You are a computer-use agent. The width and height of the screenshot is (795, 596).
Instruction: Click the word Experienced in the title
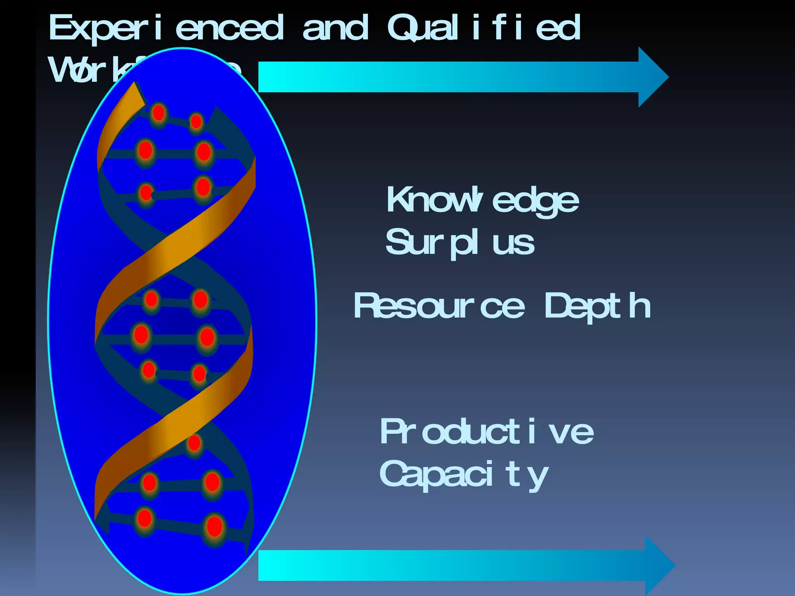tap(166, 28)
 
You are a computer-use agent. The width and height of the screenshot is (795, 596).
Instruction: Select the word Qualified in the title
tap(483, 28)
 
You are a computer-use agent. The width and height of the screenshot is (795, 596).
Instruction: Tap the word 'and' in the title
tap(335, 28)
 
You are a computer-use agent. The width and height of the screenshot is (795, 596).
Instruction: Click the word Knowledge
tap(483, 200)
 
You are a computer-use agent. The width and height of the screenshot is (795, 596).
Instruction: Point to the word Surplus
tap(460, 243)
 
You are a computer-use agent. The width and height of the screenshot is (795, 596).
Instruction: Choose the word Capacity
tap(464, 474)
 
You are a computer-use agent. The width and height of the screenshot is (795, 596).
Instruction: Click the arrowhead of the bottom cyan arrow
tap(658, 566)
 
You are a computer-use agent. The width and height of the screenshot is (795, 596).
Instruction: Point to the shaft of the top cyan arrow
tap(446, 77)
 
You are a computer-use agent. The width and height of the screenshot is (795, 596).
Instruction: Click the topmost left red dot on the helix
tap(158, 113)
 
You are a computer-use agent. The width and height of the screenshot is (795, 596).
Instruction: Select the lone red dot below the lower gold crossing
tap(194, 443)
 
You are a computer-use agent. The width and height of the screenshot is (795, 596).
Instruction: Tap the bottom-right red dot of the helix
tap(214, 527)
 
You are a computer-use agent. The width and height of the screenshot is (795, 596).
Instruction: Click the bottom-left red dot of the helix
tap(145, 518)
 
